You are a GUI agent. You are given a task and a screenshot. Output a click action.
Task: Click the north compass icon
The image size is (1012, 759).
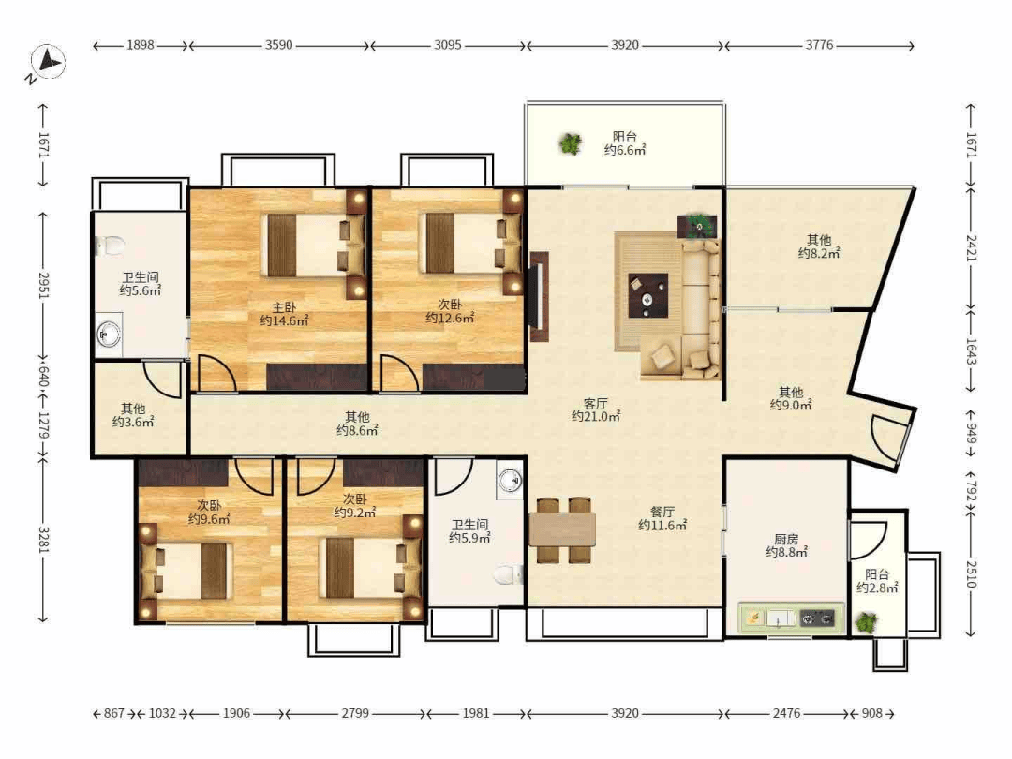[x=47, y=64]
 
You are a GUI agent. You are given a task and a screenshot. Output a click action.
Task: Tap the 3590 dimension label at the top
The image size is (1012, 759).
[x=279, y=45]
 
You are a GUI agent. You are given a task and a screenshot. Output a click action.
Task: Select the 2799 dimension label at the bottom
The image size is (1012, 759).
[x=355, y=713]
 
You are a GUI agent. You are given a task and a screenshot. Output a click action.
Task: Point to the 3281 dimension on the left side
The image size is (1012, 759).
[x=43, y=541]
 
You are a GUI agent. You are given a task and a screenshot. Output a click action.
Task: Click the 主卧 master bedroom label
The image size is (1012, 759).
[x=284, y=307]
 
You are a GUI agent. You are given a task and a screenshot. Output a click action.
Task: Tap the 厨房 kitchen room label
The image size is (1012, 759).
[x=786, y=539]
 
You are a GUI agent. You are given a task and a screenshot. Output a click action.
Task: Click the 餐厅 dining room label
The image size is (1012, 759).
[x=662, y=512]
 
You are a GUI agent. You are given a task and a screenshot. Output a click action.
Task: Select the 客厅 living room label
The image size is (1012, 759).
[x=595, y=403]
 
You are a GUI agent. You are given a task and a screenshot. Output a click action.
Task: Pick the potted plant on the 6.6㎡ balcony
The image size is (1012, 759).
[x=570, y=143]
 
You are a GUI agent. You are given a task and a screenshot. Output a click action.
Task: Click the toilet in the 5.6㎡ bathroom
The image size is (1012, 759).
[x=111, y=246]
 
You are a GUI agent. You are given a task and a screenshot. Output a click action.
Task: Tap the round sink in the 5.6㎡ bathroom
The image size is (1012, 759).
[x=108, y=335]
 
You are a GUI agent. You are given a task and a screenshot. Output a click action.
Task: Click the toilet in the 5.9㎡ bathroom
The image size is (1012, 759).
[x=509, y=573]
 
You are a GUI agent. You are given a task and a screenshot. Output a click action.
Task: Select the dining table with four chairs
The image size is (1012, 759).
[x=562, y=529]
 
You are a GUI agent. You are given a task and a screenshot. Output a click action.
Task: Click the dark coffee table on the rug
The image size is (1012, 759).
[x=648, y=295]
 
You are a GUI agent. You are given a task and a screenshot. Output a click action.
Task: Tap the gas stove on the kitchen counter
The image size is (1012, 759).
[x=816, y=619]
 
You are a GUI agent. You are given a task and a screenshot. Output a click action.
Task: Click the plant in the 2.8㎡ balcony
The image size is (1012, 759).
[x=866, y=623]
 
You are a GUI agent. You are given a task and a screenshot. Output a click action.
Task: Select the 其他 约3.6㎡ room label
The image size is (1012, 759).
[x=133, y=415]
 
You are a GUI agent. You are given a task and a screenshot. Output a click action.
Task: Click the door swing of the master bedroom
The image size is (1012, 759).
[x=217, y=373]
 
